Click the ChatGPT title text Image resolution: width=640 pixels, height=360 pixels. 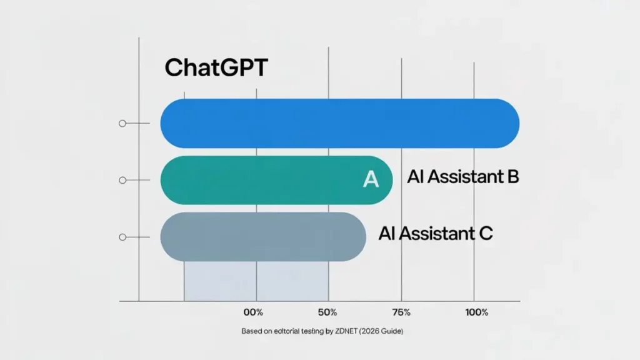coord(216,68)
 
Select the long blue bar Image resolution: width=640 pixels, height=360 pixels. coord(339,123)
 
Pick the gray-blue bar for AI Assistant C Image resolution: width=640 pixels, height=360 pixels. coord(262,237)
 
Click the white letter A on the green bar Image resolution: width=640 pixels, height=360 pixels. coord(371,180)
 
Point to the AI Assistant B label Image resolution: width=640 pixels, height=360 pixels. coord(463,177)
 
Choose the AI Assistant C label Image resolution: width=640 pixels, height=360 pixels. coord(436,234)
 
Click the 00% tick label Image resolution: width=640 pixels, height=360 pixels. coord(253,312)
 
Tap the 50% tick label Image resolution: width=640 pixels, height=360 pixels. coord(327,312)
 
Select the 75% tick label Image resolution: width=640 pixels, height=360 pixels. coord(401,312)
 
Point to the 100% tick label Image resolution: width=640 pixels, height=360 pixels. coord(476,312)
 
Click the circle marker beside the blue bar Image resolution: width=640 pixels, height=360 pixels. coord(122,123)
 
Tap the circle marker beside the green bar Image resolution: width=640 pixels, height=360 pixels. coord(122,180)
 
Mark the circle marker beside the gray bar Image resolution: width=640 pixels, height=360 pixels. coord(122,237)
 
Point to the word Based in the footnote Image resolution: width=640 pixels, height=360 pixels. coord(251,331)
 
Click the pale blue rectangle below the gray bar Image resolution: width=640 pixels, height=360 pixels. coord(256,281)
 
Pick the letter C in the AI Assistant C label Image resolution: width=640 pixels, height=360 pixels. coord(485,234)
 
